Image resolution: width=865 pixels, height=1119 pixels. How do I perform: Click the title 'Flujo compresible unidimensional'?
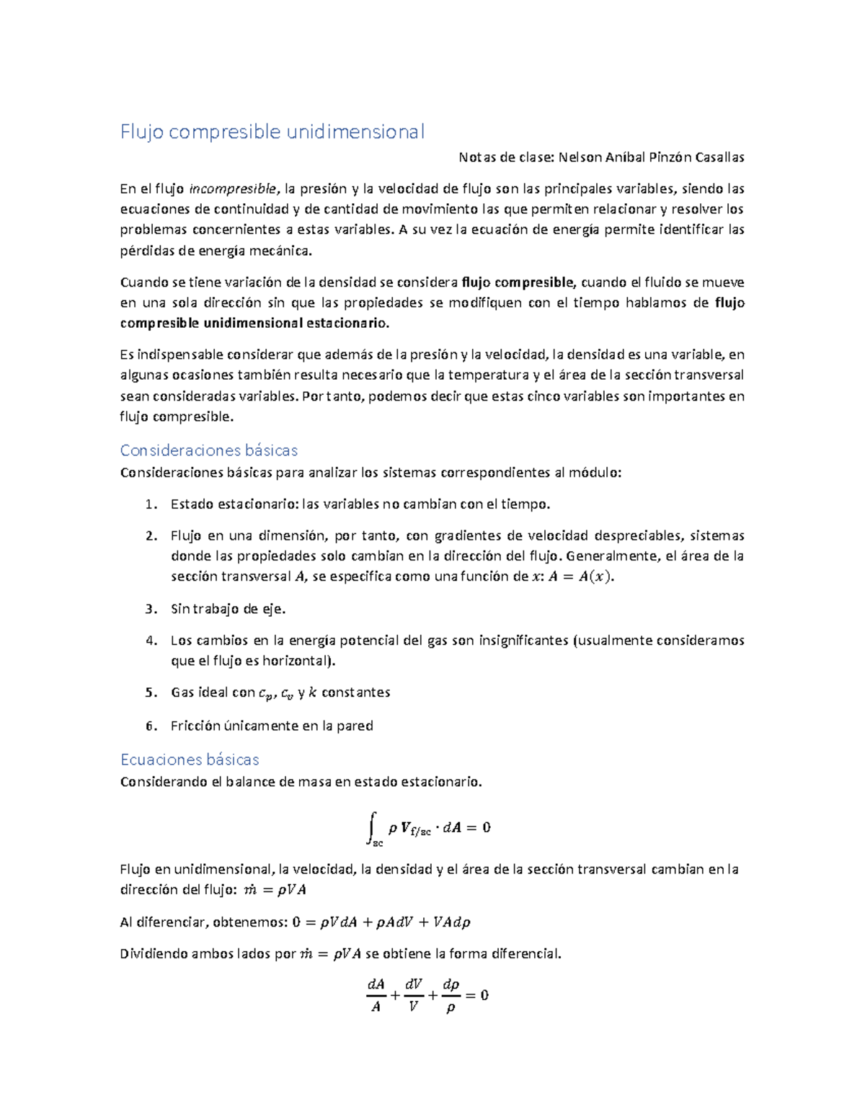pyautogui.click(x=272, y=132)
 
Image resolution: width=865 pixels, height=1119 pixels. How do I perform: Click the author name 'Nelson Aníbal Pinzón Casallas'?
pyautogui.click(x=651, y=157)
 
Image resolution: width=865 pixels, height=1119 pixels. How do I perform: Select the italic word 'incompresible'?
pyautogui.click(x=232, y=189)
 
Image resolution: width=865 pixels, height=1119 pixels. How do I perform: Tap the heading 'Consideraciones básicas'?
pyautogui.click(x=208, y=450)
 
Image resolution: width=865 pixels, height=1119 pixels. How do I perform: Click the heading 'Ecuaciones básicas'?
pyautogui.click(x=189, y=759)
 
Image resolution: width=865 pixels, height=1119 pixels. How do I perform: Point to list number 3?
pyautogui.click(x=150, y=609)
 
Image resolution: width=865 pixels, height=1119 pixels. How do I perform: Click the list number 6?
pyautogui.click(x=150, y=726)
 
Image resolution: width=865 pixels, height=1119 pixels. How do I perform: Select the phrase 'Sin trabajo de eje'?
pyautogui.click(x=226, y=609)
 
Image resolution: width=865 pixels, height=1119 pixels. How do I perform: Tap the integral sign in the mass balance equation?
pyautogui.click(x=372, y=826)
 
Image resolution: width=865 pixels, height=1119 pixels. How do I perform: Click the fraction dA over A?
pyautogui.click(x=376, y=995)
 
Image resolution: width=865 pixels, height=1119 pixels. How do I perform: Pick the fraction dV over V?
pyautogui.click(x=413, y=995)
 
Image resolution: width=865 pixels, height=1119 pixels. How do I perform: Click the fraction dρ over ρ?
pyautogui.click(x=451, y=995)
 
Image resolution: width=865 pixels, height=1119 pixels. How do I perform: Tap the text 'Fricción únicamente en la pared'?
pyautogui.click(x=271, y=726)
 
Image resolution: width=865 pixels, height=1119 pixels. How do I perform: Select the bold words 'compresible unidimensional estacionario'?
pyautogui.click(x=254, y=323)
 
